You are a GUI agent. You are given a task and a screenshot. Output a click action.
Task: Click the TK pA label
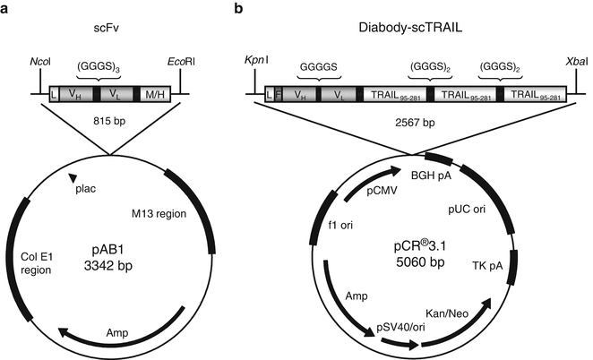485,265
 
